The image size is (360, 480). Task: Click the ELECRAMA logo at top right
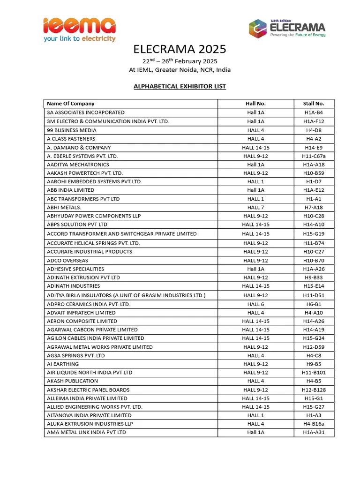click(287, 28)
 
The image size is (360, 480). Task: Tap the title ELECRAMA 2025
click(180, 49)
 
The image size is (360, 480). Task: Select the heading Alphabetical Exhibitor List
click(180, 86)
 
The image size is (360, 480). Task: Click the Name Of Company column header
click(71, 104)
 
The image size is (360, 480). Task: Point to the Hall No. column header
click(255, 104)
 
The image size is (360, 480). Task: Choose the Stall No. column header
click(314, 104)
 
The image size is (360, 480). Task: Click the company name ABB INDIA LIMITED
click(71, 190)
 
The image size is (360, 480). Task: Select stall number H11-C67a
click(314, 156)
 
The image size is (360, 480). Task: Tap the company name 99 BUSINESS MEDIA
click(72, 130)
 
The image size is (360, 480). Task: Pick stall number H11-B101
click(314, 373)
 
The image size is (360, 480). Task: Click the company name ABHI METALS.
click(64, 208)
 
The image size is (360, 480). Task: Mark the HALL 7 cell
click(255, 208)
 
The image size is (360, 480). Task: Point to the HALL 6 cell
click(255, 304)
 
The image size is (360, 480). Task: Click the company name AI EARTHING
click(63, 364)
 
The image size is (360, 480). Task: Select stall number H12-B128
click(314, 390)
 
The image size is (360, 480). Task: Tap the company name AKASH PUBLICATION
click(73, 381)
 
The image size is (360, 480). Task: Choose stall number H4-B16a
click(314, 424)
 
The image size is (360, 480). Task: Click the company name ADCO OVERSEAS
click(67, 261)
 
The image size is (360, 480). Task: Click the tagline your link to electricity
click(79, 39)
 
